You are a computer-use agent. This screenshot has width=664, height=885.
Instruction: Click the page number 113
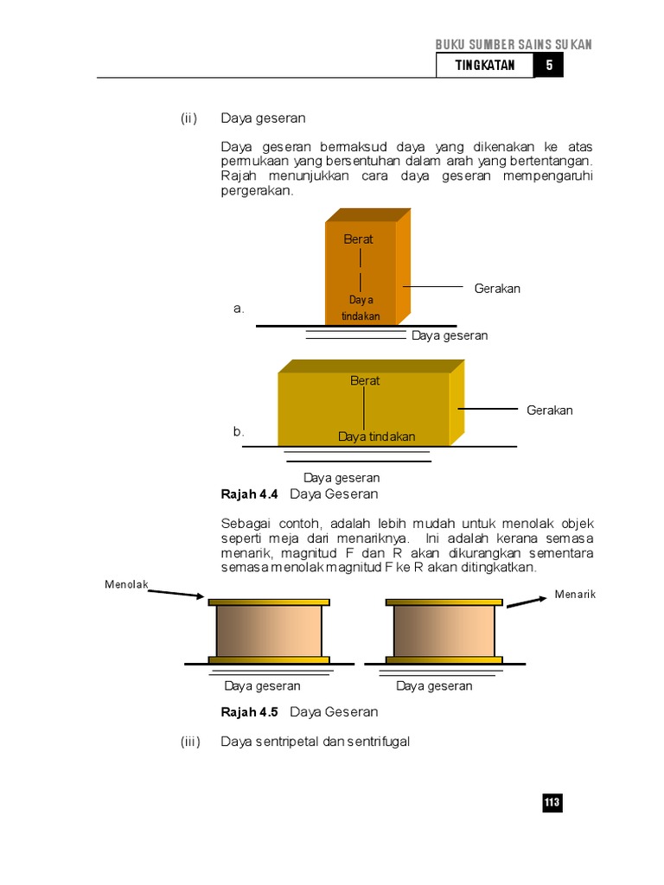coord(552,803)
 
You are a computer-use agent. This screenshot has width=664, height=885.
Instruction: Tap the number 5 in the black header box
coord(549,66)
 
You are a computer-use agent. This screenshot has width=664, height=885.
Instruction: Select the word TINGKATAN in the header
coord(485,66)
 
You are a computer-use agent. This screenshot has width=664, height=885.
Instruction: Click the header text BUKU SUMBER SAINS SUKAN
coord(514,45)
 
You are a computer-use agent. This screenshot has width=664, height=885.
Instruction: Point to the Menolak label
coord(126,584)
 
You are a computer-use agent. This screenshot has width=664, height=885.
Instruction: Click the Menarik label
coord(575,594)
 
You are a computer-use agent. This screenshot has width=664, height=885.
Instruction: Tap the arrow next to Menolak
coord(177,593)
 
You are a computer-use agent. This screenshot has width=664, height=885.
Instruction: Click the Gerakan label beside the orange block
coord(497,289)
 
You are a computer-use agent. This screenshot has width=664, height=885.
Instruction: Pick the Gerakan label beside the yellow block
coord(550,410)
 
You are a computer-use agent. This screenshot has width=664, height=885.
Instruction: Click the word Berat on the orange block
coord(358,239)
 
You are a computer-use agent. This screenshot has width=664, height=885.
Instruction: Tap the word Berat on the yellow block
coord(365,380)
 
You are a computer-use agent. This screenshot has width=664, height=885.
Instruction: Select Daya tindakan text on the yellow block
coord(376,436)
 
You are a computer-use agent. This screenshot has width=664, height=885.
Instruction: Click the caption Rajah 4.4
coord(250,494)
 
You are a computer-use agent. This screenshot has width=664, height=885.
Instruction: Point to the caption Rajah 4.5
coord(250,712)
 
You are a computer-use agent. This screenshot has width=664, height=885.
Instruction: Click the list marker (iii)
coord(190,742)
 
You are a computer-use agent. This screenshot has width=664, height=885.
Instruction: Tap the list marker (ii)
coord(190,118)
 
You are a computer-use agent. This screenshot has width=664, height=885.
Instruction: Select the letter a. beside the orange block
coord(239,309)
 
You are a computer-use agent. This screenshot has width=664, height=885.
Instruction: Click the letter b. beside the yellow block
coord(239,431)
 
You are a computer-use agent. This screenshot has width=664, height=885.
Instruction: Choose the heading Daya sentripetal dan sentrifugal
coord(315,742)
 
